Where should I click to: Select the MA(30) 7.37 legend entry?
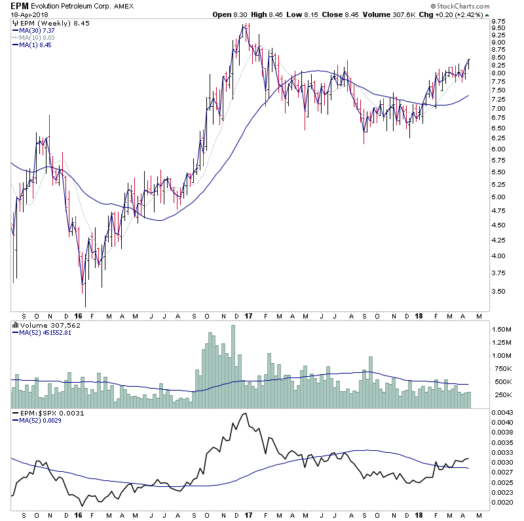click(37, 29)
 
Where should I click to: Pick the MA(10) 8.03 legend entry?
click(37, 37)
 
